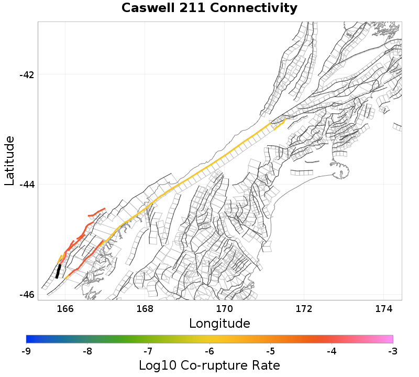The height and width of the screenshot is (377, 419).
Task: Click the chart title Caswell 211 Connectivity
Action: pos(210,8)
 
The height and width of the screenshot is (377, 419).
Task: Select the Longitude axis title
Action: pos(219,322)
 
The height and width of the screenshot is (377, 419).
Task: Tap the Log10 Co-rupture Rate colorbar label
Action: pos(210,365)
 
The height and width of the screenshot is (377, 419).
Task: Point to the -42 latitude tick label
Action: pos(27,74)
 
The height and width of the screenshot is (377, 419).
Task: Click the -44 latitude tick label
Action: pos(27,185)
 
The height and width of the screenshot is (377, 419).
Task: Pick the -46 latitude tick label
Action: pos(27,295)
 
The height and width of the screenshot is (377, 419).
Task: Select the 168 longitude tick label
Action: pos(145,308)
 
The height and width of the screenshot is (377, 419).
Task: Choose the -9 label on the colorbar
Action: pos(27,350)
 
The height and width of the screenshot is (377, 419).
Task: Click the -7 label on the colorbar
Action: pos(148,350)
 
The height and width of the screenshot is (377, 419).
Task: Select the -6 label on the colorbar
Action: pos(210,350)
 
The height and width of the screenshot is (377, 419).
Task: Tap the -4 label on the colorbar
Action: pos(332,350)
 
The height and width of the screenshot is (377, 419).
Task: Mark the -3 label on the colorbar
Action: pos(392,350)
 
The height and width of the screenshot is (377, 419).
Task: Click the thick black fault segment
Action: pos(58,271)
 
